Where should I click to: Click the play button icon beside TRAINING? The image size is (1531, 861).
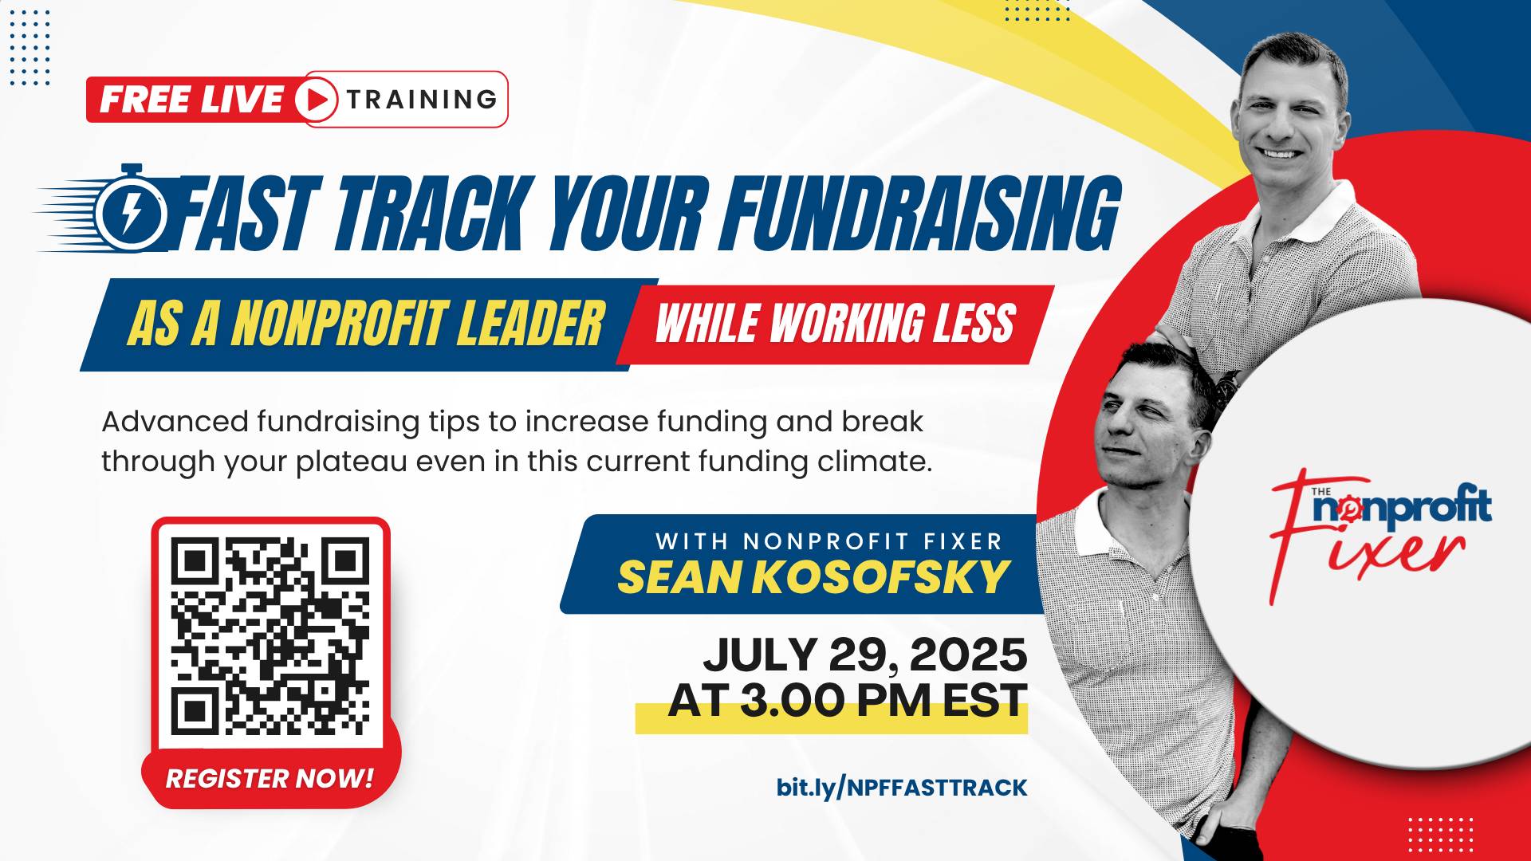click(x=317, y=100)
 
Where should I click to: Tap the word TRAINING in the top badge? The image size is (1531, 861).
click(x=422, y=100)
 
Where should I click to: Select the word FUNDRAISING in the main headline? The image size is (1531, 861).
click(x=921, y=214)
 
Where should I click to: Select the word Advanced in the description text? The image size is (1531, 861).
click(x=175, y=422)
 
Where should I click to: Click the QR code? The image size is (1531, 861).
click(x=270, y=636)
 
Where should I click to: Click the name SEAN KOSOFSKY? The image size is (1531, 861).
click(x=814, y=577)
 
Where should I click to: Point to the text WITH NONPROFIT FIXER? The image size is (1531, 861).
click(x=828, y=541)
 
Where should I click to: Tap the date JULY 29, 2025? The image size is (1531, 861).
click(x=864, y=655)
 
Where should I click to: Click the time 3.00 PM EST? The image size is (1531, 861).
click(x=884, y=701)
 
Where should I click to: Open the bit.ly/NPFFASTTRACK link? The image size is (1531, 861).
click(x=902, y=788)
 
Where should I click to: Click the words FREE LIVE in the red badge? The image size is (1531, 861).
click(x=191, y=100)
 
